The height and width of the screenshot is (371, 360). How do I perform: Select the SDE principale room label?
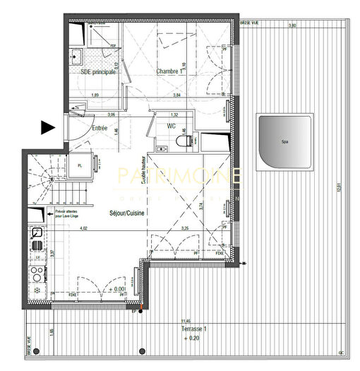pos(94,72)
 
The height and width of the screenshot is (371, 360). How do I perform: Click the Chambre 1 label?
pos(170,72)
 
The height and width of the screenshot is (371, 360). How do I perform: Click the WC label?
pos(172,126)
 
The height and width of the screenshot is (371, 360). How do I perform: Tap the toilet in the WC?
pos(185,142)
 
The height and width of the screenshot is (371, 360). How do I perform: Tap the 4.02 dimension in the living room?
pos(83,228)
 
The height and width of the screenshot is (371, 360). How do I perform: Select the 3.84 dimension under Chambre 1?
pos(177,95)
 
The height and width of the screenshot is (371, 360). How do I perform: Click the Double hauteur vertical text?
pos(144,170)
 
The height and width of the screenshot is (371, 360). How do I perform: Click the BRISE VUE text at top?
pos(249,23)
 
